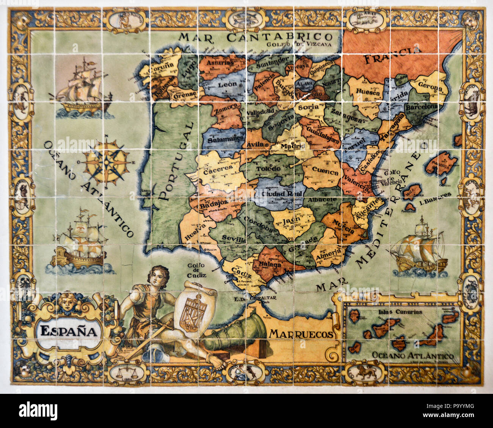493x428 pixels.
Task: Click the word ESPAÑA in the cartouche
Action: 68,331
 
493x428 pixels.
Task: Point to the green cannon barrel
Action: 239,334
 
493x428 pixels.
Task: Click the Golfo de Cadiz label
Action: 196,270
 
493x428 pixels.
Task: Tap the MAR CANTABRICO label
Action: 256,37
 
